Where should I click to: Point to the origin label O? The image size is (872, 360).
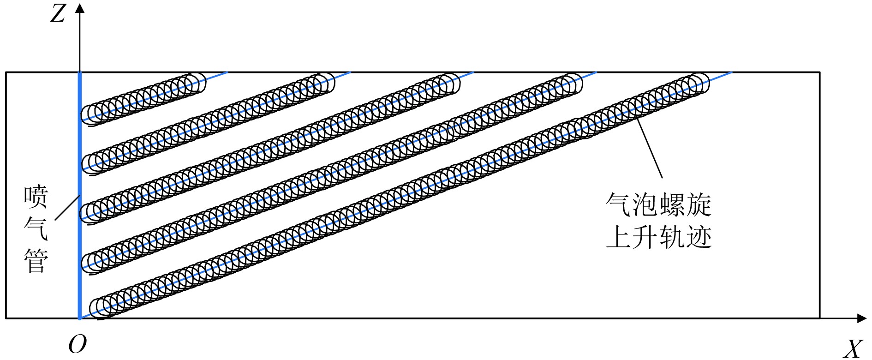point(77,344)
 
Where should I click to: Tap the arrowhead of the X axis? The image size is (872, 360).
point(861,318)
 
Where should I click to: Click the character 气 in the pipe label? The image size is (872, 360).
point(36,229)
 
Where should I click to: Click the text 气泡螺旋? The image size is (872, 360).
point(658,204)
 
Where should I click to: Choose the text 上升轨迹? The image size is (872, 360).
point(658,237)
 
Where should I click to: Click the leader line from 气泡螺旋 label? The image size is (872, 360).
point(650,148)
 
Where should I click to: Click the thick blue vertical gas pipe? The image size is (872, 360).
point(80,152)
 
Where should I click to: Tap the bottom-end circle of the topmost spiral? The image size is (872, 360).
point(91,113)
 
